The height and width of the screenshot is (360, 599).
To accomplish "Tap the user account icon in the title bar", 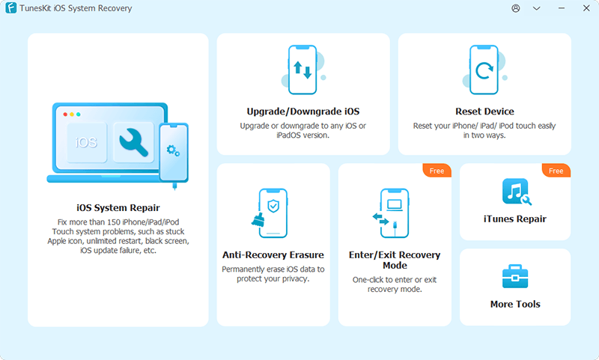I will pos(516,8).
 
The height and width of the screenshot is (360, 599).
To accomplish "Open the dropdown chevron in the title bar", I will pos(537,8).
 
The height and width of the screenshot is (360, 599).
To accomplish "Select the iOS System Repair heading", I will pos(118,207).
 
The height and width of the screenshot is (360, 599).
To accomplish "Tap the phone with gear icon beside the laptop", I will pos(173,153).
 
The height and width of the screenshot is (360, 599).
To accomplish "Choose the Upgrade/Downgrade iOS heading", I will pos(303,112).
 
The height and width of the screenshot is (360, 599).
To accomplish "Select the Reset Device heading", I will pos(484,112).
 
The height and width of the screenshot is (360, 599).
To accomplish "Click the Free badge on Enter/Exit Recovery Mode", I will pos(437,171).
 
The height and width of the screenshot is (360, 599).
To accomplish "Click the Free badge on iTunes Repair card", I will pos(556,171).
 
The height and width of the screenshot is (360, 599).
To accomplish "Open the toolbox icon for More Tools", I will pos(515,277).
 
